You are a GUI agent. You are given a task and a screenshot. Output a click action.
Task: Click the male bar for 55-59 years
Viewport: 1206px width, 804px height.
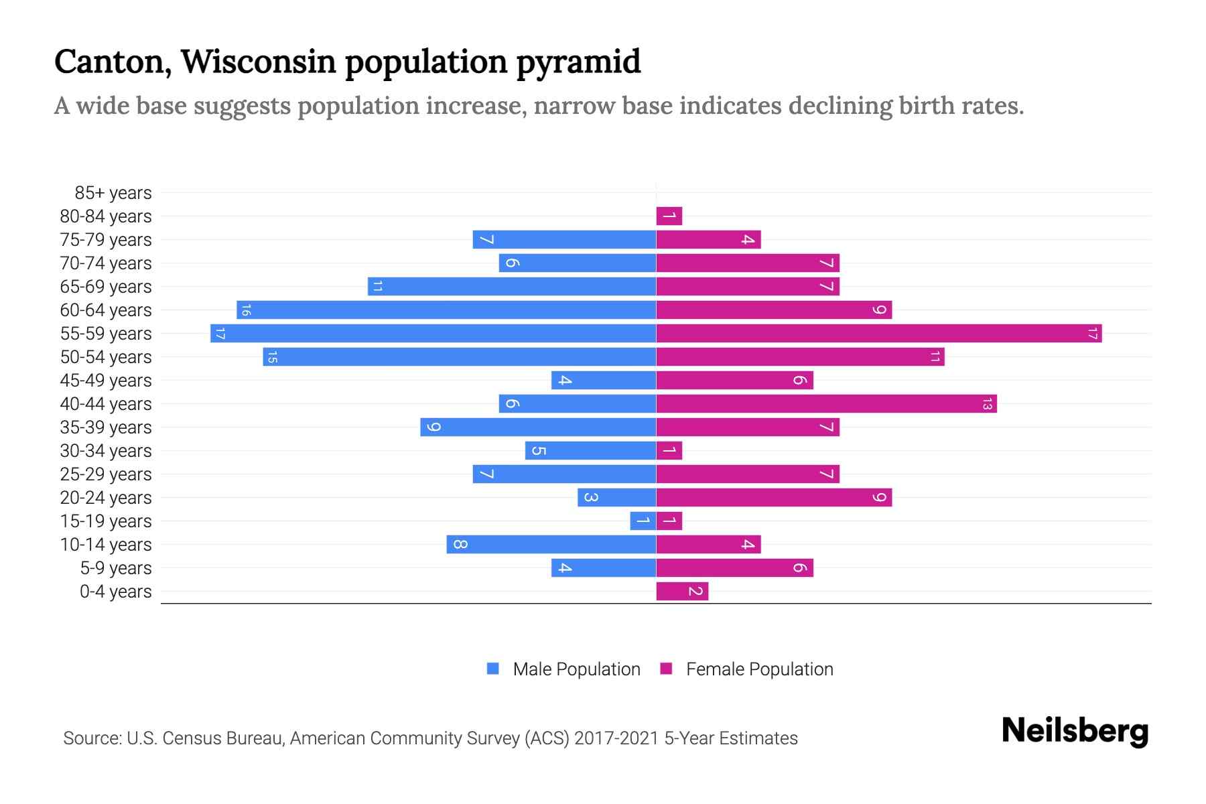(x=433, y=333)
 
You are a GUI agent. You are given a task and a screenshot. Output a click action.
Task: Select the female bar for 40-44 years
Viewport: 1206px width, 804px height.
(x=826, y=403)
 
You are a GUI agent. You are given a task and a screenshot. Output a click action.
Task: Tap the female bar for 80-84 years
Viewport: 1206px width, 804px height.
(x=669, y=216)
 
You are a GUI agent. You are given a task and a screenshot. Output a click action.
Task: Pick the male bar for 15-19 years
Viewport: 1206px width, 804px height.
(x=643, y=521)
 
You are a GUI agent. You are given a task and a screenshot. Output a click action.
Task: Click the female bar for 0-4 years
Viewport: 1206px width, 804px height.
(x=682, y=591)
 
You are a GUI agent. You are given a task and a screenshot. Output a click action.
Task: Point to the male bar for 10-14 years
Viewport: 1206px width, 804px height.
(x=551, y=544)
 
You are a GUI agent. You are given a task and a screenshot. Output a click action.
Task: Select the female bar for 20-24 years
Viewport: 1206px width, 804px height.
(x=774, y=497)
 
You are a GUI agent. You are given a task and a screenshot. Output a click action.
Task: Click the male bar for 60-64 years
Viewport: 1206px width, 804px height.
(x=446, y=310)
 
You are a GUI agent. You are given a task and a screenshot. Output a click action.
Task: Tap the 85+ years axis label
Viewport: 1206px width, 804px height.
(x=113, y=193)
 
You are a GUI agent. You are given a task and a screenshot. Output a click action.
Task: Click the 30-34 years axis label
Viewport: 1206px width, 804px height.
(x=106, y=451)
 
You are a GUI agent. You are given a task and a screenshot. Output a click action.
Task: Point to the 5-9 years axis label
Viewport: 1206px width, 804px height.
(x=116, y=568)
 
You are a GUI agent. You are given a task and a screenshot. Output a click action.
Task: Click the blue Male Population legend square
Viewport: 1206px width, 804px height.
(x=493, y=669)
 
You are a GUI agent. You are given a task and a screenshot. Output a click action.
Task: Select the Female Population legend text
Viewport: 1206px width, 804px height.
(x=759, y=669)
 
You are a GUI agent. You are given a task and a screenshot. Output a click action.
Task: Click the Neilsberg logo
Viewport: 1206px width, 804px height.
(x=1075, y=731)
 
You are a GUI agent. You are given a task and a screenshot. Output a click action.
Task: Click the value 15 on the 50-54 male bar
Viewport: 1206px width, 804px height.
(x=272, y=357)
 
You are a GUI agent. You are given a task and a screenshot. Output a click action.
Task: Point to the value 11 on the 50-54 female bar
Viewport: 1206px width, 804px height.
(x=935, y=357)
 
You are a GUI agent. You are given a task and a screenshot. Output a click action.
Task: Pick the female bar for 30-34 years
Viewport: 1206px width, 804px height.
(x=669, y=450)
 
